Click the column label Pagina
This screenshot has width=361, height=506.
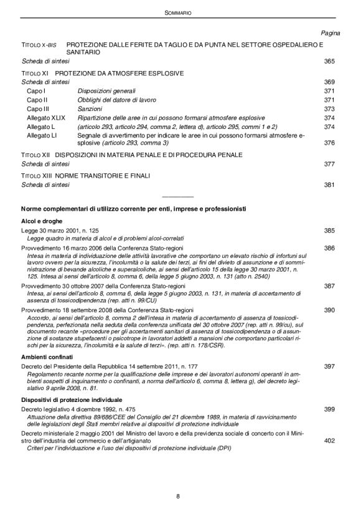(329, 32)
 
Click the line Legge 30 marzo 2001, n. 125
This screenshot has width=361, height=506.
(60, 231)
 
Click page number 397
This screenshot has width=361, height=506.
(329, 366)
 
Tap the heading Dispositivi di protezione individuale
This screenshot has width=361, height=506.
(77, 399)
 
